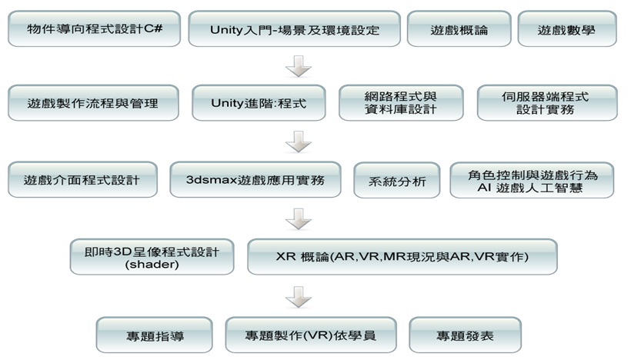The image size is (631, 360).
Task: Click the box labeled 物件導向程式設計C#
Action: (x=93, y=29)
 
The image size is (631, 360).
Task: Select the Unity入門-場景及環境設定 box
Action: (x=294, y=29)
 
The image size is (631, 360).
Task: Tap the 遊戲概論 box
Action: (x=459, y=29)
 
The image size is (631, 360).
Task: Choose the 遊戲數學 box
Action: (x=567, y=29)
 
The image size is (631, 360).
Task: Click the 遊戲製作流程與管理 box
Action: (x=93, y=103)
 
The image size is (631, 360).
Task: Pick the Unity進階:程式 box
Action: (x=259, y=103)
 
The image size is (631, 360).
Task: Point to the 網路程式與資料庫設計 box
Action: (x=402, y=103)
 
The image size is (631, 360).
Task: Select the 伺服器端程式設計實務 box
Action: (x=547, y=103)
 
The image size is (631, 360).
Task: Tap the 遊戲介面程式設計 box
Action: (x=83, y=180)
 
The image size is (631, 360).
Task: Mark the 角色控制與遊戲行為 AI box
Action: (x=533, y=180)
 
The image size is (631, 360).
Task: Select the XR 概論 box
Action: (x=402, y=257)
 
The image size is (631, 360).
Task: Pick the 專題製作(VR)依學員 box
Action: (x=311, y=335)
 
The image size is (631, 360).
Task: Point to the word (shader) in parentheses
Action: (x=152, y=265)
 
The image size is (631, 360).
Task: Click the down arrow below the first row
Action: (x=298, y=68)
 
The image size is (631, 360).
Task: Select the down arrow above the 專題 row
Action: (x=298, y=297)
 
